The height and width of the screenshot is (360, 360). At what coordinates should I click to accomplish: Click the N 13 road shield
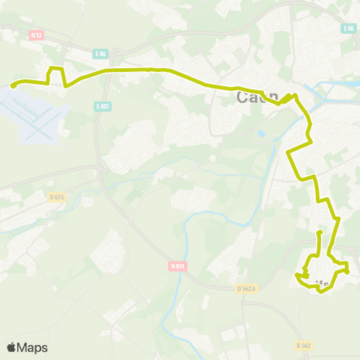[x=35, y=34]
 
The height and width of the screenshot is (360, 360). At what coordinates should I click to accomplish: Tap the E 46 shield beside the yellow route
[x=100, y=54]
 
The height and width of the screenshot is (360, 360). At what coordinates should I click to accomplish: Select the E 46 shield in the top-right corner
[x=347, y=28]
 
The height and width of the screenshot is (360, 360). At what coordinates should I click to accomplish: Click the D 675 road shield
[x=55, y=196]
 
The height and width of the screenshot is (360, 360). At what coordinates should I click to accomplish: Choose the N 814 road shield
[x=177, y=264]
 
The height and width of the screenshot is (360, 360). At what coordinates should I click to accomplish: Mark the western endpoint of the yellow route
[x=13, y=86]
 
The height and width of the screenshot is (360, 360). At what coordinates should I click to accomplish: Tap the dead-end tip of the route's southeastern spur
[x=320, y=233]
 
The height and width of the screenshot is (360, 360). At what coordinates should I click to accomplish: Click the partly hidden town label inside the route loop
[x=321, y=283]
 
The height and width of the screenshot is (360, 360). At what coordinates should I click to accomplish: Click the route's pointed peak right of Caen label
[x=295, y=96]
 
